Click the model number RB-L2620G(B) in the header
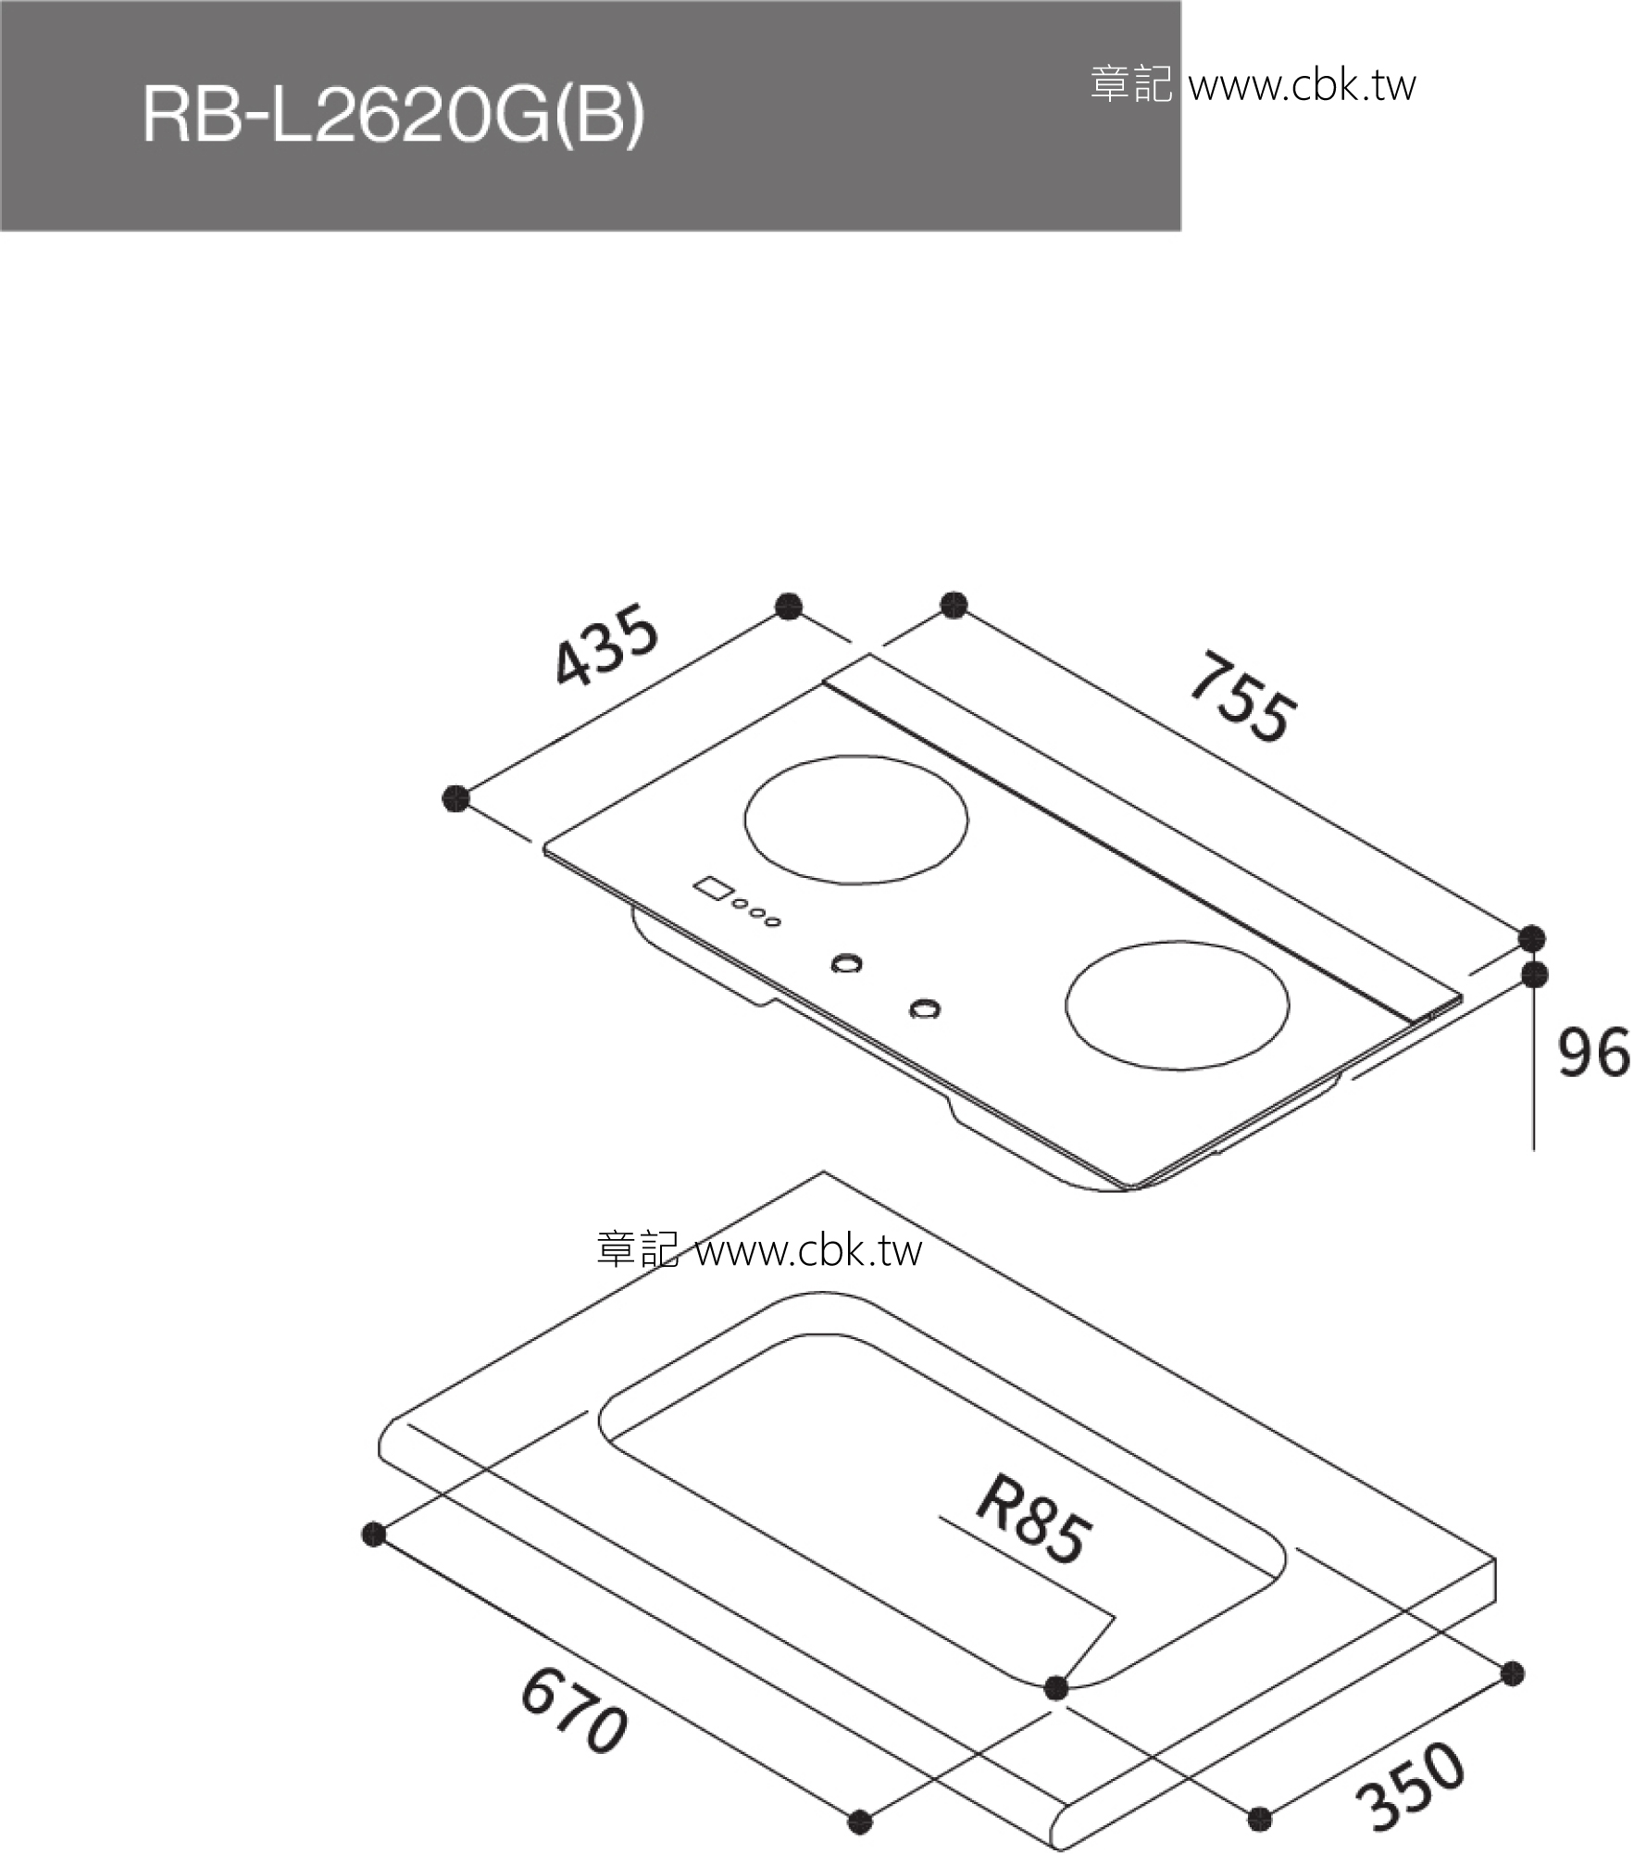(x=393, y=116)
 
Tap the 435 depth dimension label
(x=606, y=645)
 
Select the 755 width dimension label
(x=1242, y=697)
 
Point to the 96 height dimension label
(x=1592, y=1053)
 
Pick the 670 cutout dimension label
(x=575, y=1722)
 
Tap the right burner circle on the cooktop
(x=1177, y=1006)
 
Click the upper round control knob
(x=846, y=963)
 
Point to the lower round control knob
(x=923, y=1008)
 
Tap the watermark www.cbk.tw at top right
(x=1302, y=85)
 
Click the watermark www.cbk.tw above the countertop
(x=808, y=1251)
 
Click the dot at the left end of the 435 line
(x=455, y=798)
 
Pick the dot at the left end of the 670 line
(x=373, y=1535)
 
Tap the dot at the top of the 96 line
(x=1535, y=974)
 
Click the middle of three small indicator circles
(x=756, y=914)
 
